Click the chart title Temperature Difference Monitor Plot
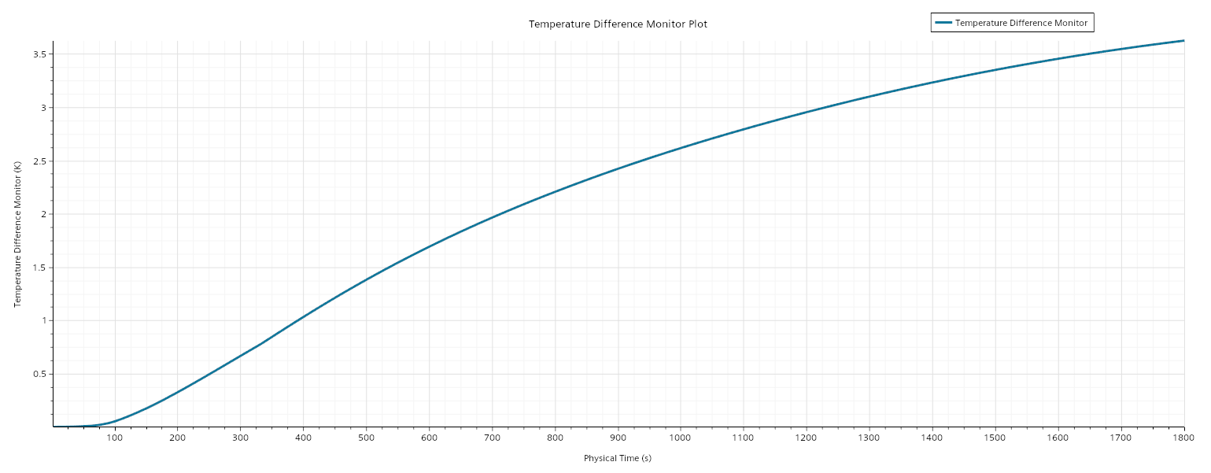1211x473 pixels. [x=618, y=24]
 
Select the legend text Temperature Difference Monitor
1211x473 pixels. [x=1021, y=23]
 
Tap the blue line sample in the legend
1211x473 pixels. [x=943, y=23]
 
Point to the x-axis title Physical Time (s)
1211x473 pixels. [x=618, y=458]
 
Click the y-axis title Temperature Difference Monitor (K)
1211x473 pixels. [x=17, y=234]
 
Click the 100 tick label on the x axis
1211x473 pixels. [x=115, y=438]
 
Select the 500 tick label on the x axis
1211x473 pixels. [x=366, y=438]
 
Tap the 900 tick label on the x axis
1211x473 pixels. [x=618, y=438]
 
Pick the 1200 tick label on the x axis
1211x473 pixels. [x=806, y=438]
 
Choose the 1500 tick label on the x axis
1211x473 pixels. [x=995, y=438]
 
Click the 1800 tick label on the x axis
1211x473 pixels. [x=1183, y=438]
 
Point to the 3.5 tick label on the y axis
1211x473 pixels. [x=39, y=54]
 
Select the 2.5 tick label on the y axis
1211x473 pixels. [x=39, y=161]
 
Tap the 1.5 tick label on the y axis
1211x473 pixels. [x=39, y=268]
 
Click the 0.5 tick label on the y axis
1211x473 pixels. [x=39, y=374]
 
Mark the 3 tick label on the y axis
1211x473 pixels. [x=43, y=108]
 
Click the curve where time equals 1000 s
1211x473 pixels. [x=680, y=148]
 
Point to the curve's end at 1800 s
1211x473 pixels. [x=1184, y=41]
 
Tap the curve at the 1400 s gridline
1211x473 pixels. [x=932, y=83]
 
